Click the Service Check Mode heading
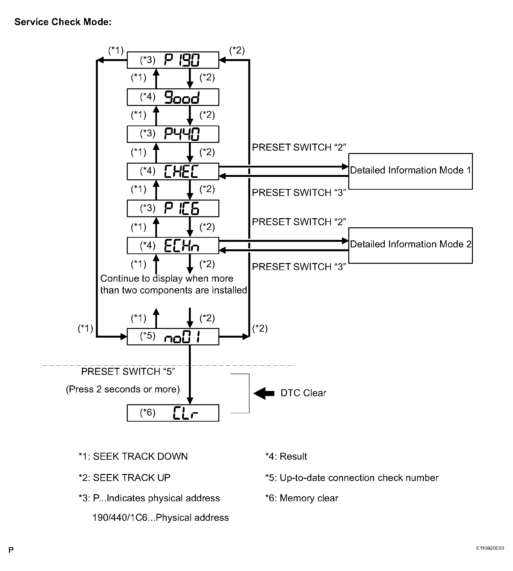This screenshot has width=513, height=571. coord(63,22)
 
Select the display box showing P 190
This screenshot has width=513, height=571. coord(173,60)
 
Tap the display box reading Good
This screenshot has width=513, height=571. coord(173,97)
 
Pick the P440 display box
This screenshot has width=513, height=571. coord(173,134)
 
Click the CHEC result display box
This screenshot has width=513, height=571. coord(173,171)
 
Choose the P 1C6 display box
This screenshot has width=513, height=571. coord(173,209)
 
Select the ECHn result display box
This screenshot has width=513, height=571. coord(173,245)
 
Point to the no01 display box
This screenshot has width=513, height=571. coord(173,337)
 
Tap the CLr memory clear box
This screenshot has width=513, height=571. coord(173,413)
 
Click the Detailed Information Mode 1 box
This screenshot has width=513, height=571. coord(410,171)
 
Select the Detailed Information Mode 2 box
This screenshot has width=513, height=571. coord(410,245)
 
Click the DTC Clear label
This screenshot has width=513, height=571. coord(303,393)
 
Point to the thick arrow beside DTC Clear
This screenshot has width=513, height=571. coord(264,393)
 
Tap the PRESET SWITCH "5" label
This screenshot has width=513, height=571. coord(128,372)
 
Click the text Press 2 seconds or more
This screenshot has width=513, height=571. coord(123,389)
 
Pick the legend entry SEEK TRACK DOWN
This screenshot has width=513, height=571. coord(133,456)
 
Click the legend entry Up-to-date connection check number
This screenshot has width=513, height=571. coord(352,478)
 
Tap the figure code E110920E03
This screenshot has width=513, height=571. coord(490,548)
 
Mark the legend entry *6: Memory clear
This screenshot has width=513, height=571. coord(302,498)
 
